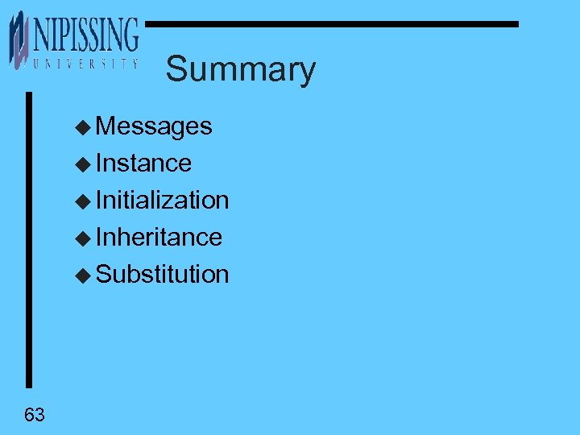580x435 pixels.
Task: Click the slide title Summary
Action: click(240, 69)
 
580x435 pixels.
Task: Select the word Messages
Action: click(154, 126)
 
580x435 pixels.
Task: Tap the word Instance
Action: click(143, 164)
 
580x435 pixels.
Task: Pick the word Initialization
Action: click(162, 201)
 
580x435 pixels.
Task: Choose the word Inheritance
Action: click(159, 238)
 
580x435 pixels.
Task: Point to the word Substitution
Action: click(162, 275)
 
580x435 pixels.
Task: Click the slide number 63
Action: click(35, 416)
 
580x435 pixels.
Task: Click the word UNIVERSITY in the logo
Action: click(82, 63)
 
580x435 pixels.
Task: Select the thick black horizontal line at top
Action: click(330, 24)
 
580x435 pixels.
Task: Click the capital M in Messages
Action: click(106, 126)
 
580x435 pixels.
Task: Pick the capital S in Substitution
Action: click(103, 275)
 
